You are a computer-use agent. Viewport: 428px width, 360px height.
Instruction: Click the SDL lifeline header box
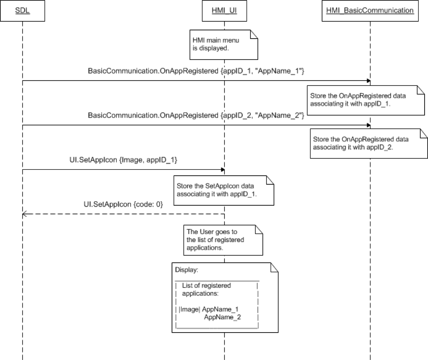click(22, 10)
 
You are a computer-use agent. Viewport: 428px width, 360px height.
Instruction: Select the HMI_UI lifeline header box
click(224, 10)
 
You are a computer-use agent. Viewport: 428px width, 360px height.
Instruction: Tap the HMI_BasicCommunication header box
click(370, 10)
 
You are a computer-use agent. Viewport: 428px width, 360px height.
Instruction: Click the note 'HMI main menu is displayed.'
click(223, 44)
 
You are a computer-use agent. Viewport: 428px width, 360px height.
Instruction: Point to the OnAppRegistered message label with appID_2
click(196, 115)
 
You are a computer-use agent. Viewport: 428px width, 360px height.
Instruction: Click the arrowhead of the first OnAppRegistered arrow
click(368, 80)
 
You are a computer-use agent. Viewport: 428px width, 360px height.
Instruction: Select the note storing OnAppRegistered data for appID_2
click(368, 144)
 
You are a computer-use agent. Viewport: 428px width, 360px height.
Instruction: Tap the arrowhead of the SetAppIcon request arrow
click(223, 170)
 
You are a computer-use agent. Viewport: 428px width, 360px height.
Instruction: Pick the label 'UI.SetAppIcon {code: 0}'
click(124, 205)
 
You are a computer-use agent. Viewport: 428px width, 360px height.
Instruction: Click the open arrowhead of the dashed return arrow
click(24, 214)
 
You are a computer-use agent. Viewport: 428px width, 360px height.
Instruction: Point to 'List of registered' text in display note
click(206, 285)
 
